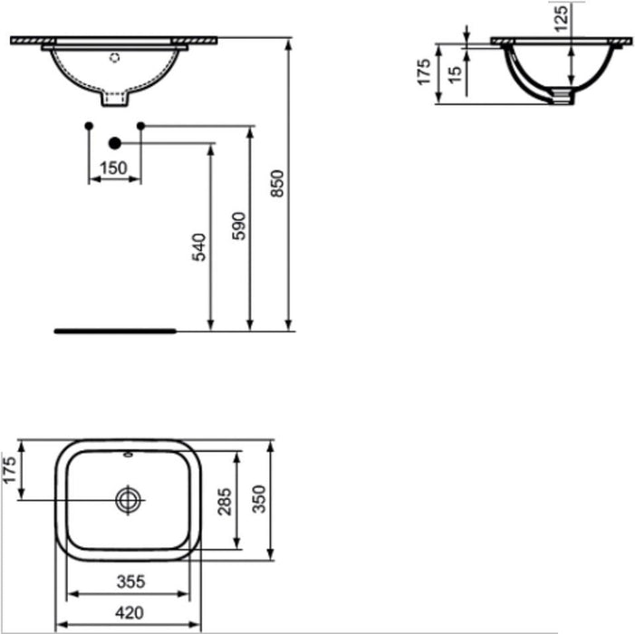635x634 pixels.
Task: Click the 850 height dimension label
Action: pyautogui.click(x=279, y=183)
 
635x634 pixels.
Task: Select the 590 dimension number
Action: pyautogui.click(x=240, y=226)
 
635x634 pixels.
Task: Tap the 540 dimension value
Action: pyautogui.click(x=200, y=246)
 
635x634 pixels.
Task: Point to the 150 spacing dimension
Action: pyautogui.click(x=113, y=168)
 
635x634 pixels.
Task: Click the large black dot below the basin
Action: pyautogui.click(x=114, y=142)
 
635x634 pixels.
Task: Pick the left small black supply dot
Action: pyautogui.click(x=88, y=124)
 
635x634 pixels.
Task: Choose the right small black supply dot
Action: pyautogui.click(x=140, y=124)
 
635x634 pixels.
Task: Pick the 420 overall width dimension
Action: pyautogui.click(x=130, y=613)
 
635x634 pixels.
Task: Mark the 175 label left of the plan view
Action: pyautogui.click(x=9, y=470)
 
